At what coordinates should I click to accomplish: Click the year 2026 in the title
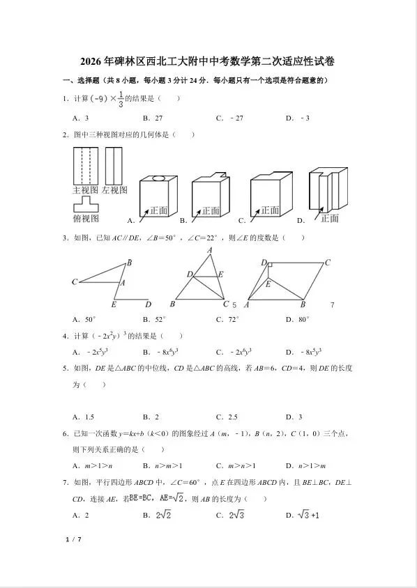pos(92,61)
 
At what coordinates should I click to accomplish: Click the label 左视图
pos(114,190)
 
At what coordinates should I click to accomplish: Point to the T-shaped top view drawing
pos(85,205)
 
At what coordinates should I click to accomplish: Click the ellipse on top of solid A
pos(159,178)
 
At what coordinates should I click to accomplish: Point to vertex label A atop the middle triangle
pos(209,250)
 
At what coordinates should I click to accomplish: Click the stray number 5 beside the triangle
pos(234,305)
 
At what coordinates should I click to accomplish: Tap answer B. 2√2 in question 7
pos(158,516)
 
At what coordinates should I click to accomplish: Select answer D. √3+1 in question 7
pos(303,516)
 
